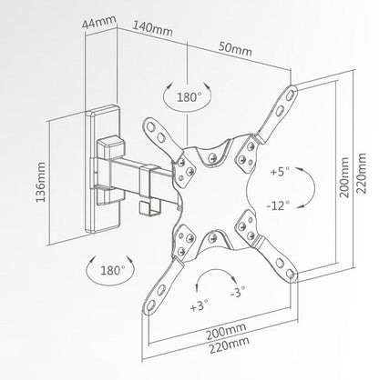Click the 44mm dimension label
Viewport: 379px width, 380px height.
(x=99, y=22)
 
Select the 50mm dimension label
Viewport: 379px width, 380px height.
(x=235, y=48)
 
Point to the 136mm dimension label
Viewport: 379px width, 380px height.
(x=40, y=183)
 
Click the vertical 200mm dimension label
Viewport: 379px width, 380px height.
(x=344, y=177)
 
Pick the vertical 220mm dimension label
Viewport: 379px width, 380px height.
(x=362, y=174)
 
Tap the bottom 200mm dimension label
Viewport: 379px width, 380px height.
(x=226, y=331)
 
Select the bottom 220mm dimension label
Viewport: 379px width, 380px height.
(x=230, y=345)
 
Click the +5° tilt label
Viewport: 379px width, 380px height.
(x=280, y=172)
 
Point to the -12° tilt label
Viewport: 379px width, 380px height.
(x=278, y=205)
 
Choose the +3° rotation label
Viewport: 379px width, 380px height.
(x=200, y=305)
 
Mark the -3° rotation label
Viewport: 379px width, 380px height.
(x=238, y=292)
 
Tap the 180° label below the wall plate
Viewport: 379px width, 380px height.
(x=113, y=270)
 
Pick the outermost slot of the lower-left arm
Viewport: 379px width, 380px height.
(x=151, y=305)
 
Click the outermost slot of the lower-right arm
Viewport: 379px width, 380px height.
(x=290, y=274)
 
